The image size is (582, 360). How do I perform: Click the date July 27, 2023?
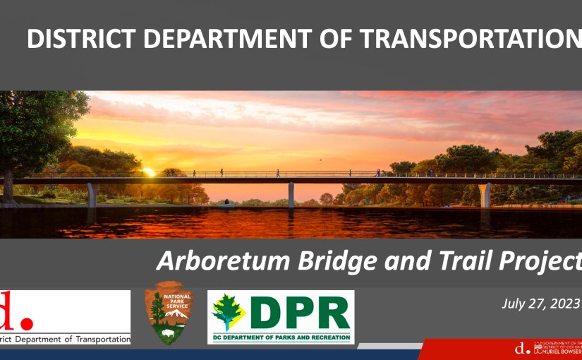point(539,304)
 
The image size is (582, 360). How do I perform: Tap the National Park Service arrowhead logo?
point(169,313)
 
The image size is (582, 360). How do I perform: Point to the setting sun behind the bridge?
point(149,172)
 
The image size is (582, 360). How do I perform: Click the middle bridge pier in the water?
point(291,194)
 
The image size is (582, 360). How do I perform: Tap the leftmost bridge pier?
point(91,194)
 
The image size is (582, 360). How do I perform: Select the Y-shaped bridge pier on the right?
point(485,194)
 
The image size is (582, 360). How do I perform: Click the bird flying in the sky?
point(321,160)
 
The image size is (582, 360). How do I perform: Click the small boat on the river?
point(225,205)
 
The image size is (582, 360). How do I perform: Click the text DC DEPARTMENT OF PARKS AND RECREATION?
point(281,338)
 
